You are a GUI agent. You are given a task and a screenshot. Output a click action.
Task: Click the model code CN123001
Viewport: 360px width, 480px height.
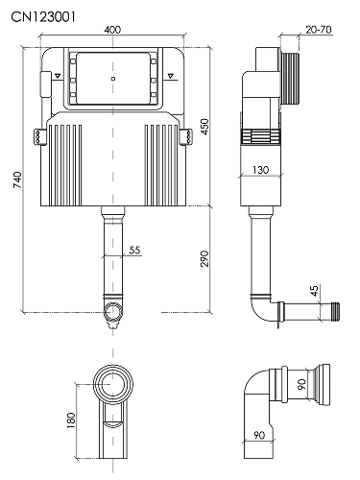pyautogui.click(x=43, y=17)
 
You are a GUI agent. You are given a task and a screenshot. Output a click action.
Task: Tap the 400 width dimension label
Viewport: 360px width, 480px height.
pyautogui.click(x=112, y=30)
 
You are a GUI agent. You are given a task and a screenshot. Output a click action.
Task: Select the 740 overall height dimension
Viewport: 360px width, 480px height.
pyautogui.click(x=17, y=180)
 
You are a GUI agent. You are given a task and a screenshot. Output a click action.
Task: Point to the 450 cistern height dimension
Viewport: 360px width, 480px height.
pyautogui.click(x=204, y=127)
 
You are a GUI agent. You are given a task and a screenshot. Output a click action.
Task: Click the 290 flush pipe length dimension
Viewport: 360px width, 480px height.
pyautogui.click(x=204, y=258)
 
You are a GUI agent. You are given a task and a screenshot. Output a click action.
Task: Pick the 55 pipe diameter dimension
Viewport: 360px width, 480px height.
pyautogui.click(x=134, y=250)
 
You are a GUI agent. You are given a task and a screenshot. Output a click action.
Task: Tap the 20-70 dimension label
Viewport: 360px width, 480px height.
pyautogui.click(x=319, y=30)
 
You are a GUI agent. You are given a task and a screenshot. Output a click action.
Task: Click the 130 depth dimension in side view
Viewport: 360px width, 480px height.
pyautogui.click(x=260, y=170)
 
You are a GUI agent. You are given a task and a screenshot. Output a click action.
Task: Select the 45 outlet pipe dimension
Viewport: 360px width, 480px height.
pyautogui.click(x=315, y=291)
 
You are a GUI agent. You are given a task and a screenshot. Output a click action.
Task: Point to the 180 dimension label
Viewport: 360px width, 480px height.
pyautogui.click(x=71, y=420)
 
